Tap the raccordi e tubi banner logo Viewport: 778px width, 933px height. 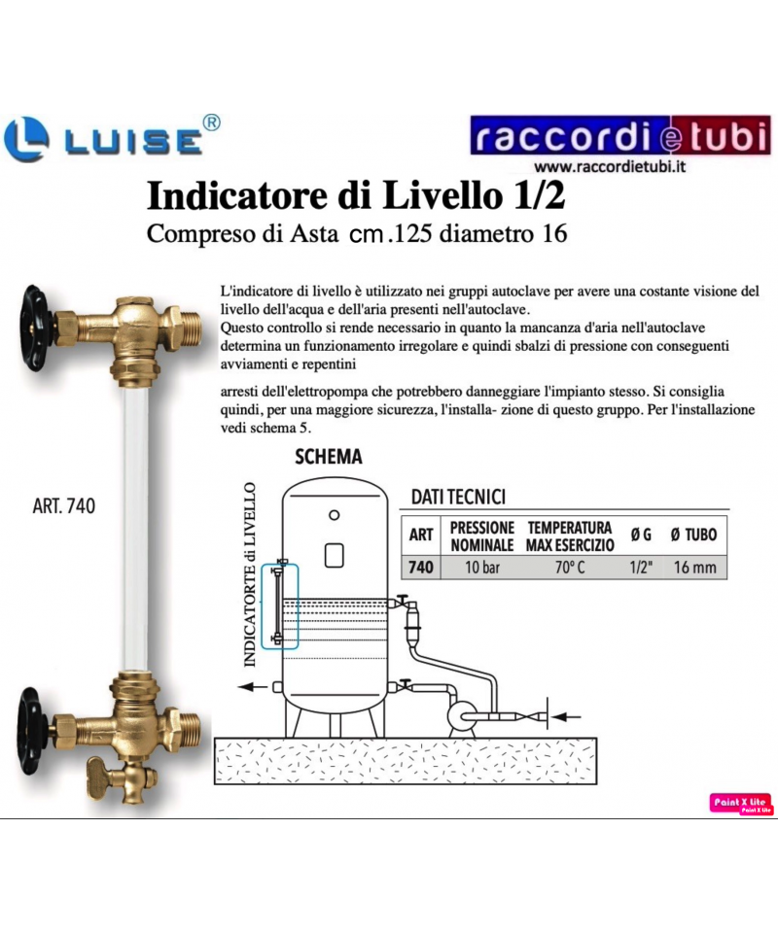tap(620, 135)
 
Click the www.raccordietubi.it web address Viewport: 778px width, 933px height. tap(610, 166)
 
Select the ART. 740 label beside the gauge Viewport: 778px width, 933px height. tap(63, 505)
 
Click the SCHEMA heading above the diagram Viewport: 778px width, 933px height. tap(329, 457)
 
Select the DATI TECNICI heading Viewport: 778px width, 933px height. tap(458, 497)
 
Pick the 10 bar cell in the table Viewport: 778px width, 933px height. tap(482, 567)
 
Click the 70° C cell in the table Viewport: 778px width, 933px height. tap(570, 567)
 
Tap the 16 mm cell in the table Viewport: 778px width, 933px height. tap(694, 567)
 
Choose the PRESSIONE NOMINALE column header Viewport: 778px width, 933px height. tap(482, 536)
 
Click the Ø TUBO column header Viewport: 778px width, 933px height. tap(693, 535)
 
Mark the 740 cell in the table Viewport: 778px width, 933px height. tap(421, 567)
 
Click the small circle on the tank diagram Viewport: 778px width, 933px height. tap(335, 515)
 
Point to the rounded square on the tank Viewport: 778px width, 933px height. tap(334, 555)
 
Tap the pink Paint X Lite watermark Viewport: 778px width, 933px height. tap(741, 804)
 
